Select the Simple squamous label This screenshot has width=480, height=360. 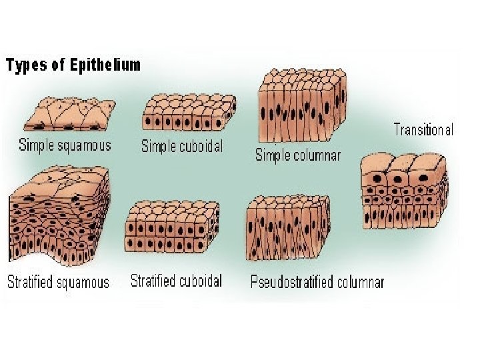pyautogui.click(x=65, y=145)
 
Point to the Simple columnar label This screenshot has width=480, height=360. pyautogui.click(x=298, y=155)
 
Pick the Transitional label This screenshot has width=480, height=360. pyautogui.click(x=423, y=129)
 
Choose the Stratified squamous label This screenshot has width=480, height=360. pyautogui.click(x=58, y=282)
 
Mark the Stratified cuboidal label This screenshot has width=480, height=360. pyautogui.click(x=176, y=280)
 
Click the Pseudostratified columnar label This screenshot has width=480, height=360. pyautogui.click(x=317, y=282)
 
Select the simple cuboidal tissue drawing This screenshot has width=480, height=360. pyautogui.click(x=189, y=112)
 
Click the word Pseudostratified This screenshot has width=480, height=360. pyautogui.click(x=292, y=282)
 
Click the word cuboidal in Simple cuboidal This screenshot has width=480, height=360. pyautogui.click(x=202, y=146)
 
